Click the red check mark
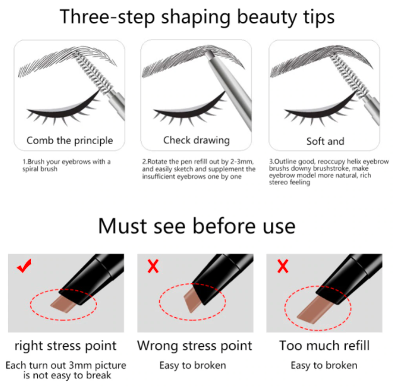coord(24,266)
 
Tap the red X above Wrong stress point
coord(153,266)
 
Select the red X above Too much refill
coord(283,266)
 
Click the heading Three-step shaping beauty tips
coord(197,17)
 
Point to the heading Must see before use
coord(196,226)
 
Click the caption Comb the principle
coord(70,141)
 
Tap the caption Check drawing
coord(196,140)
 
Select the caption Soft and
coord(326,142)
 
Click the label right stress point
coord(65,346)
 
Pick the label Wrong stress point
coord(195,346)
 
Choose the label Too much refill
coord(324,346)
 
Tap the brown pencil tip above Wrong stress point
coord(192,300)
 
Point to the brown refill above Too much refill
coord(315,310)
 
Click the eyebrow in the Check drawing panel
coord(193,60)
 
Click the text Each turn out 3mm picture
coord(66,366)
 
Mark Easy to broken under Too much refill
coord(324,366)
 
